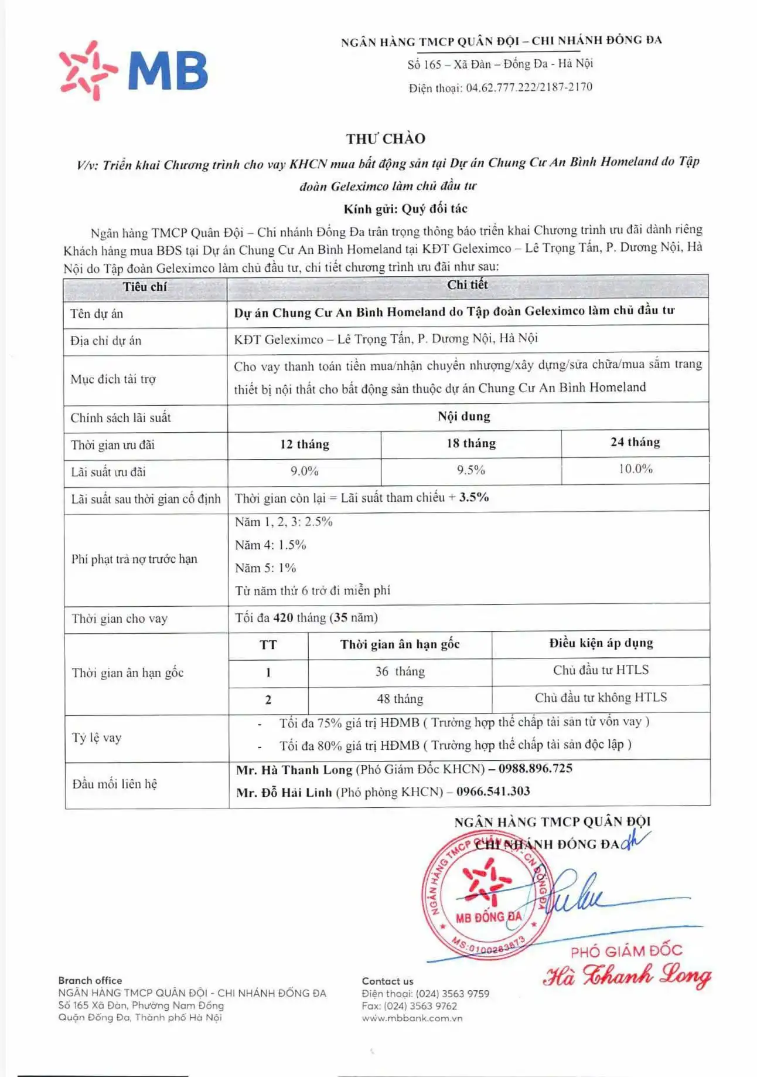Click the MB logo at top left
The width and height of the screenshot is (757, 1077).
[x=134, y=71]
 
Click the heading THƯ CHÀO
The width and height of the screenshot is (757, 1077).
[x=386, y=139]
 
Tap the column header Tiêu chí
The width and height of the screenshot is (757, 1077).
[x=145, y=287]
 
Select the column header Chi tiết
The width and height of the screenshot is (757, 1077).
[x=467, y=285]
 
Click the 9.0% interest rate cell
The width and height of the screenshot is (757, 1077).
[x=304, y=471]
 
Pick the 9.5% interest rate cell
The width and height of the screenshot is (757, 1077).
[x=471, y=470]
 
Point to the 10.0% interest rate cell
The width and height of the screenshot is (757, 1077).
[x=635, y=469]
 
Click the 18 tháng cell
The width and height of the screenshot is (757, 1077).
[x=471, y=443]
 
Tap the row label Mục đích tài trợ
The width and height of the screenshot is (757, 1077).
[x=113, y=379]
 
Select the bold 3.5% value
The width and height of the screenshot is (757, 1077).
[x=473, y=497]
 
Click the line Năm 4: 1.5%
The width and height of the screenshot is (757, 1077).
[x=271, y=545]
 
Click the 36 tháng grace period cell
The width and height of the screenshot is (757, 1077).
[x=400, y=671]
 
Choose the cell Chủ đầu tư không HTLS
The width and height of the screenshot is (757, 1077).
[x=601, y=698]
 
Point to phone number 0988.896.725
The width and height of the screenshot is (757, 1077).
[x=535, y=769]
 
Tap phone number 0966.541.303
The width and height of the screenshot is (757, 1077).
[x=493, y=791]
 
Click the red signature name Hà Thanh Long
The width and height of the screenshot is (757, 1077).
[x=626, y=976]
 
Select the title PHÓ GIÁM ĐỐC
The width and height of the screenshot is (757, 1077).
[x=626, y=950]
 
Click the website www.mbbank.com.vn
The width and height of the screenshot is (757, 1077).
[x=412, y=1018]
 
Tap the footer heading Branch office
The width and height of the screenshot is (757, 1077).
[x=90, y=980]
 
